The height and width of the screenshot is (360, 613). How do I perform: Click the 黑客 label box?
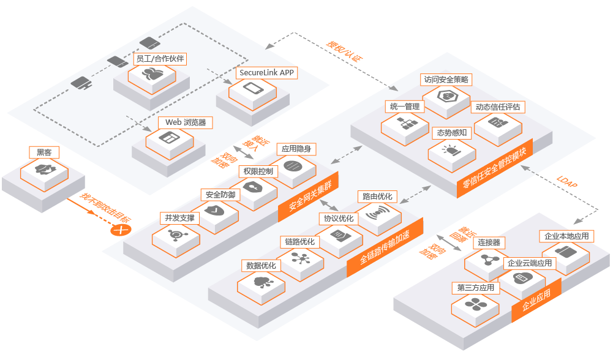43,152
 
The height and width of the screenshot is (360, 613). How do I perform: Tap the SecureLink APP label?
266,73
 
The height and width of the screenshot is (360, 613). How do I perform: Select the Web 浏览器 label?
185,122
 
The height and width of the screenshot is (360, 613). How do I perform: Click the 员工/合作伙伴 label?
159,59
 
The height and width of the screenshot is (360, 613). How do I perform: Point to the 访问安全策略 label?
446,80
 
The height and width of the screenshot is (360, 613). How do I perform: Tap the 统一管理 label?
405,107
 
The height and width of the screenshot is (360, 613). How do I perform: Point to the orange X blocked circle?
121,230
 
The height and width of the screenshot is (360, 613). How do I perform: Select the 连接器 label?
488,242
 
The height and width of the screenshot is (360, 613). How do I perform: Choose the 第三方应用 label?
475,287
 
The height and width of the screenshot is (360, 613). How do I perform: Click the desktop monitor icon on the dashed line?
81,83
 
